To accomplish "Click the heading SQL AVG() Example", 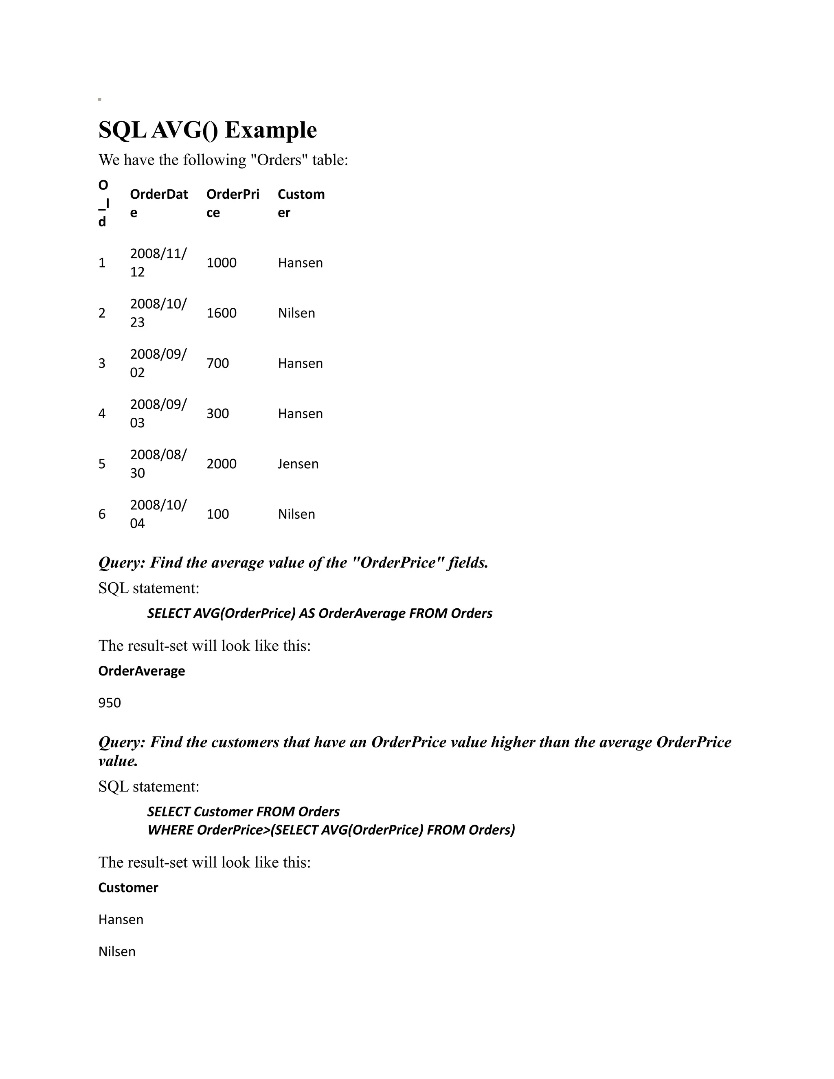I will tap(208, 130).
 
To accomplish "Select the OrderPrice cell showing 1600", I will tap(222, 313).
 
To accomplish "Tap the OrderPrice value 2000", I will tap(222, 464).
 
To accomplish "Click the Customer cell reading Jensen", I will tap(298, 464).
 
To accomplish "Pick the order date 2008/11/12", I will tap(158, 262).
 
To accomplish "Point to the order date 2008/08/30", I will tap(158, 463).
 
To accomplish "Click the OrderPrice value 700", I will tap(217, 364).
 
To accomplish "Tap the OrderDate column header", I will tap(158, 203).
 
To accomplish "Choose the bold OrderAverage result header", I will tap(141, 671).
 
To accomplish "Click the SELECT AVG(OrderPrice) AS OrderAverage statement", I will tap(320, 614).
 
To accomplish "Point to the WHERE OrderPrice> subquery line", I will tap(331, 830).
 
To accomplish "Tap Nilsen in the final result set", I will tap(116, 952).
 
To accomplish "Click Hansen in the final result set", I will tap(121, 919).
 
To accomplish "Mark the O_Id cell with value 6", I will tap(102, 514).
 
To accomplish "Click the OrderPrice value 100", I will tap(217, 514).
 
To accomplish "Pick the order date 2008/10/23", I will tap(158, 313).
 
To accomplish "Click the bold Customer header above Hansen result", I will tap(128, 888).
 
